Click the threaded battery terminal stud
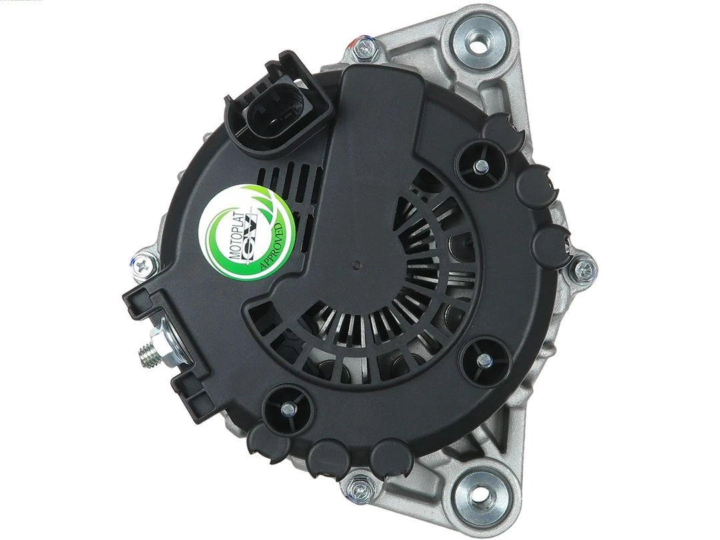point(149,351)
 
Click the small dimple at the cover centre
point(357,265)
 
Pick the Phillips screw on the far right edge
point(583,270)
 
